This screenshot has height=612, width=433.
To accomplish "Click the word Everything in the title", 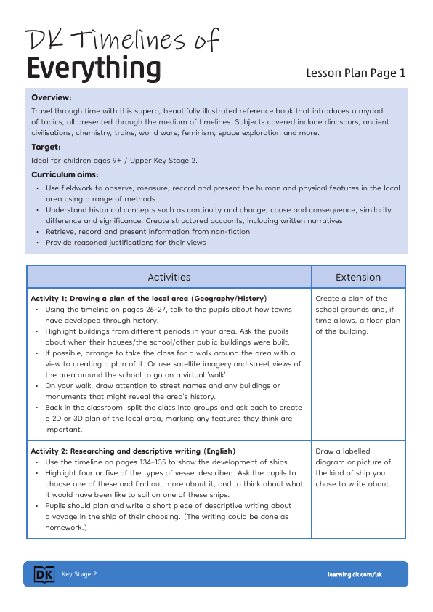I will tap(94, 69).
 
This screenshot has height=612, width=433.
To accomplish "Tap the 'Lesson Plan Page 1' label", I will tap(355, 73).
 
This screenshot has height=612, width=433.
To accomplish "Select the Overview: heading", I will tap(52, 97).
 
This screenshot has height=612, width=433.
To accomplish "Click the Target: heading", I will tap(46, 147).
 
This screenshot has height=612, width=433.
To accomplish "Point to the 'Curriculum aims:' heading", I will tap(65, 174).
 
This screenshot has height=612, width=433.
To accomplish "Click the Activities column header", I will tap(169, 277).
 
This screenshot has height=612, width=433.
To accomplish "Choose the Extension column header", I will tap(358, 277).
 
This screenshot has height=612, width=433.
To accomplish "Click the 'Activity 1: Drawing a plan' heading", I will tap(148, 299).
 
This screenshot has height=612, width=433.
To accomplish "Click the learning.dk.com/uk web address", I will tap(355, 575).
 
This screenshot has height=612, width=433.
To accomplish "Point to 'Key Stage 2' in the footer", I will tap(79, 575).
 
